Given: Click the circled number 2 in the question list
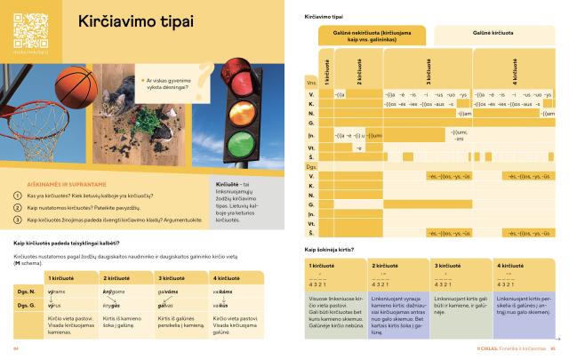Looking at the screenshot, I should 17,206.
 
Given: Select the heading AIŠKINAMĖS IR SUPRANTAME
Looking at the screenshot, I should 60,180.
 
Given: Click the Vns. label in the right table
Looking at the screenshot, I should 312,86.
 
